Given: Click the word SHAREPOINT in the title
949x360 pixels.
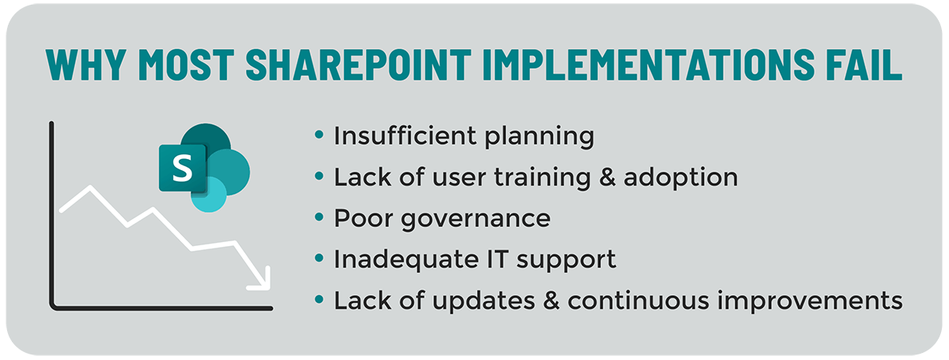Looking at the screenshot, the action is point(358,64).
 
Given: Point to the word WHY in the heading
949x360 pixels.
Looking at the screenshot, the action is point(86,64).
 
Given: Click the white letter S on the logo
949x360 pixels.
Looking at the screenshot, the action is point(183,169).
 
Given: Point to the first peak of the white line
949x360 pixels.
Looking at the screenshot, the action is point(90,188).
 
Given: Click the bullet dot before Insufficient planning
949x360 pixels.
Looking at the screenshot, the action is point(319,135).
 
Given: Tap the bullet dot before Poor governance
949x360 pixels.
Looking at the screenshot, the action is point(319,218).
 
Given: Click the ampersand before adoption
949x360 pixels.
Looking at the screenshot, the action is point(607,177).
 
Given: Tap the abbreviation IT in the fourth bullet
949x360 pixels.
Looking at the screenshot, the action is point(497,260).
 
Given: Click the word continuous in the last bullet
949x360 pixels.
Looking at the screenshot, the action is point(638,301).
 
